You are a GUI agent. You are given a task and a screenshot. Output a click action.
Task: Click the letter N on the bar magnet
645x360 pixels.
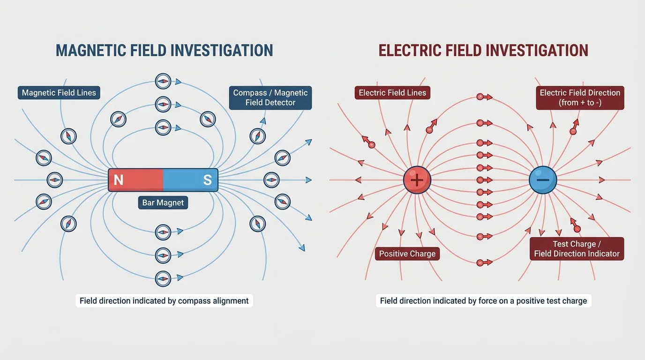(119, 180)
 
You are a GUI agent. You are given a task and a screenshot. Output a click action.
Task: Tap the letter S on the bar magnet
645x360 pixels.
(207, 180)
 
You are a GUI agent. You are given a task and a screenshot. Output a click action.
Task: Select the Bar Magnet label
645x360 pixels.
(163, 202)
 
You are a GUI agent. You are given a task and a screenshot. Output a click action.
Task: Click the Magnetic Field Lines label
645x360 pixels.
(59, 93)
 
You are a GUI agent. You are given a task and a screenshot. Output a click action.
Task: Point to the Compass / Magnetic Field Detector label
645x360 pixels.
(270, 97)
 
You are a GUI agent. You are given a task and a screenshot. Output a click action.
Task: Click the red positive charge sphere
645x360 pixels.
(417, 180)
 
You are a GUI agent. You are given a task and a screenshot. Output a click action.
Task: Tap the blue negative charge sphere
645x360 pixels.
(543, 180)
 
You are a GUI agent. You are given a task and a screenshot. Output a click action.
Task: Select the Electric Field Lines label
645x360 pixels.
(392, 93)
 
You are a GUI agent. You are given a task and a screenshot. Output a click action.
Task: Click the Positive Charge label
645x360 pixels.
(407, 254)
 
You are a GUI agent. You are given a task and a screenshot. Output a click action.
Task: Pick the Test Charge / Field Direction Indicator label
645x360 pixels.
(577, 249)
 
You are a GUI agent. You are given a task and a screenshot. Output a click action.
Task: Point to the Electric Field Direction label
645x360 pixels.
(580, 97)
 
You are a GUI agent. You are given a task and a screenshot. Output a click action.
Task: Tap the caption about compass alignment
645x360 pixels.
(164, 300)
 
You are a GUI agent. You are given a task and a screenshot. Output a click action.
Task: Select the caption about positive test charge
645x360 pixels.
(483, 300)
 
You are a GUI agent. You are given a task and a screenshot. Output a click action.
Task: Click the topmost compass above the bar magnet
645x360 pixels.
(163, 81)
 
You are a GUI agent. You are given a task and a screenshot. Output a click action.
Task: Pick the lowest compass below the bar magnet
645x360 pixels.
(163, 278)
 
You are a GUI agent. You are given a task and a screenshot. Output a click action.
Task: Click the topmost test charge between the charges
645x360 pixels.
(480, 97)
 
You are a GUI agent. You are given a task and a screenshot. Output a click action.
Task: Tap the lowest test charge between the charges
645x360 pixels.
(480, 263)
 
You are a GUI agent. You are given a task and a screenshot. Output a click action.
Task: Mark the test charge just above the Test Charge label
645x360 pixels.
(577, 229)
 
